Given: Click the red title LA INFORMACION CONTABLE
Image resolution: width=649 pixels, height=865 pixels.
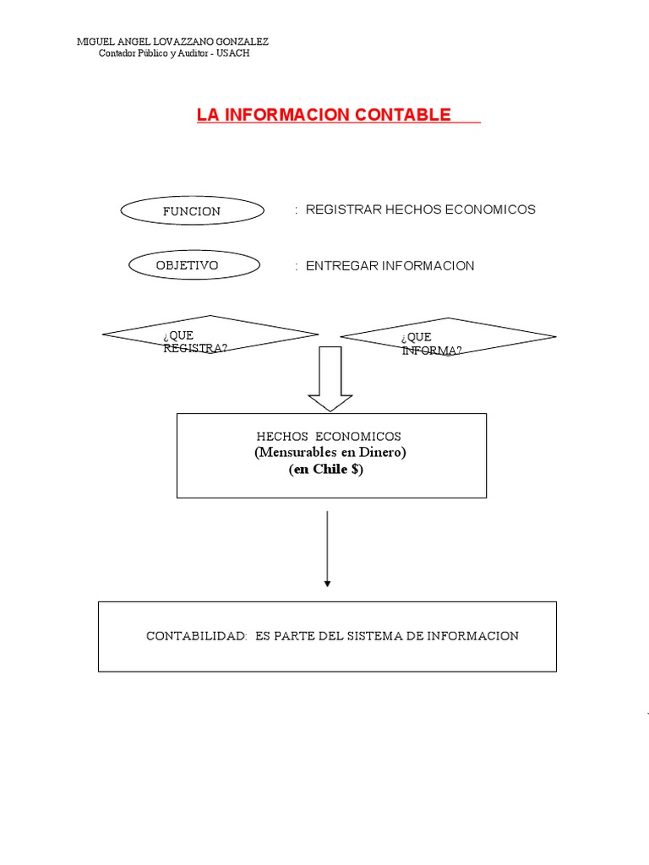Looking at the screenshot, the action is [x=324, y=115].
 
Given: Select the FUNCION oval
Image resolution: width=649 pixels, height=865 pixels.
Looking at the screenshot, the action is [x=192, y=211].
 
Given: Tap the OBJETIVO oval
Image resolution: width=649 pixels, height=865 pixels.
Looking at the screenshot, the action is [x=188, y=265].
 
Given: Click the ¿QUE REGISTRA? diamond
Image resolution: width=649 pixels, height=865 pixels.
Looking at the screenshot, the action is [x=210, y=336].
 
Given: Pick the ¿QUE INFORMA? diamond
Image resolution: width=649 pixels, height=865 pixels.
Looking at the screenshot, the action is [x=448, y=338].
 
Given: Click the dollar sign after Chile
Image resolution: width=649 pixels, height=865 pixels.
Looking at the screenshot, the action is [x=354, y=471].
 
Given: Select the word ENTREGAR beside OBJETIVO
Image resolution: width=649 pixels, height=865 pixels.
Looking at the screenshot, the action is [x=341, y=265].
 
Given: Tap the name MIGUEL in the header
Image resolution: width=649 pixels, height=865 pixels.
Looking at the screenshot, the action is [x=94, y=42].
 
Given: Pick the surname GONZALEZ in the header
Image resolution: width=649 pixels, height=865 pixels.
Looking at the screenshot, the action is [x=244, y=42].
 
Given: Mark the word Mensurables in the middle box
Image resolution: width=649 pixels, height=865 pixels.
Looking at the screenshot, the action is [x=294, y=453].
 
